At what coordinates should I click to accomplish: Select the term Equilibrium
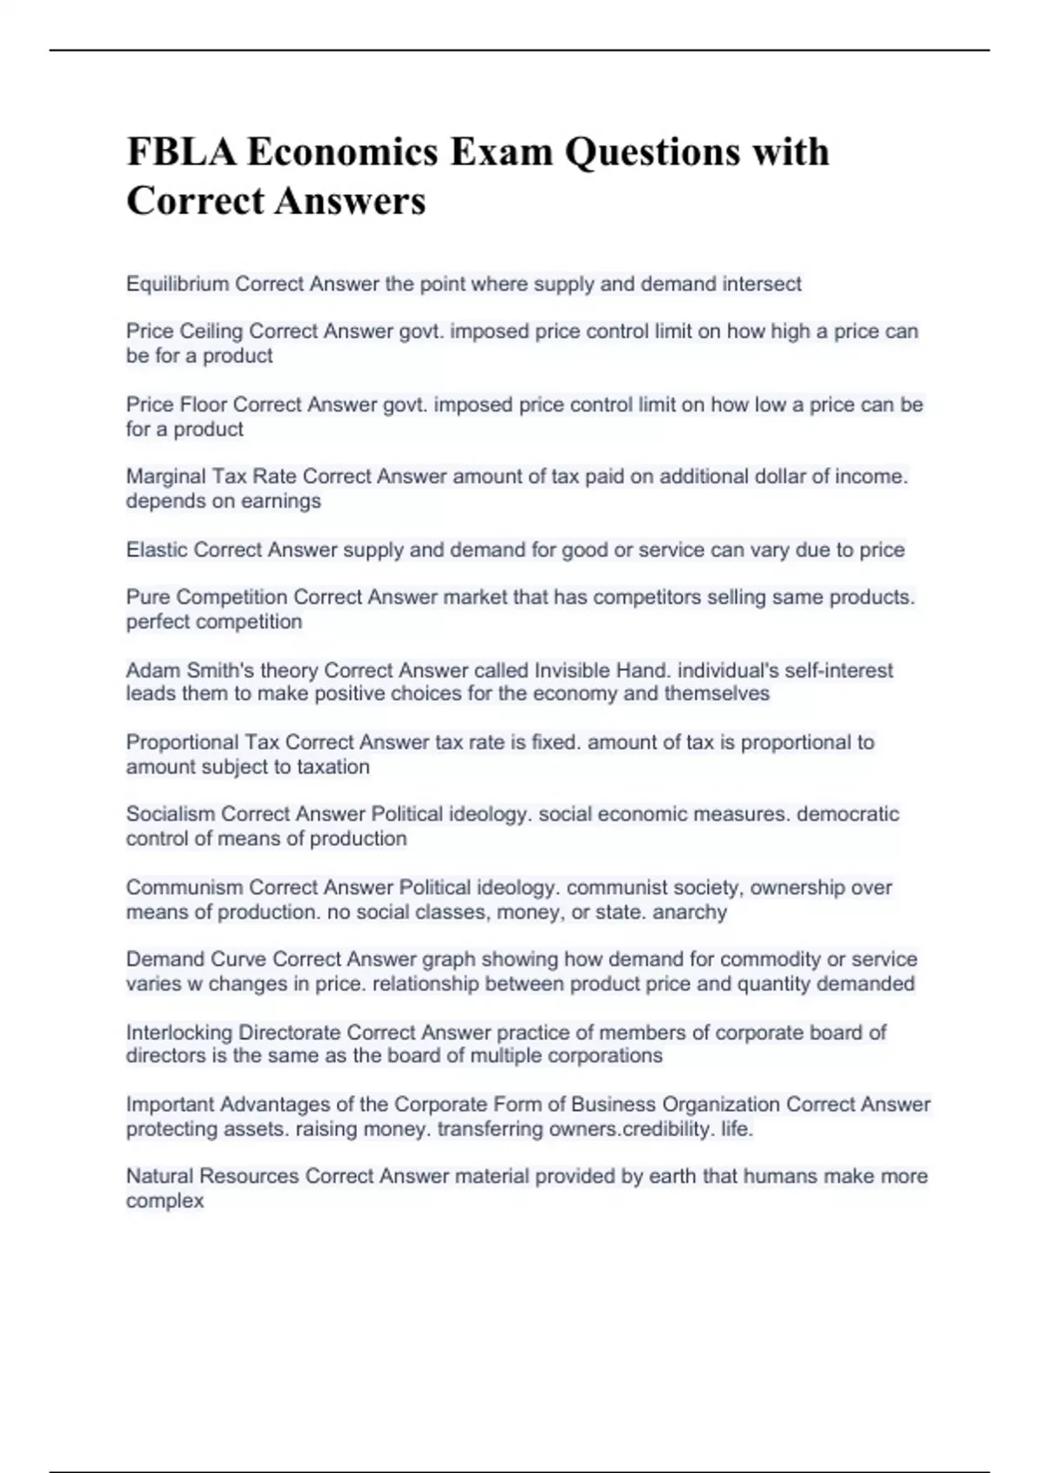[178, 284]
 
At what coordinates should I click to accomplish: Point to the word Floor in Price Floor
[204, 405]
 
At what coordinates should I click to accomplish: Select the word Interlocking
[179, 1033]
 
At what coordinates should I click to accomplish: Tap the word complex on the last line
[165, 1202]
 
